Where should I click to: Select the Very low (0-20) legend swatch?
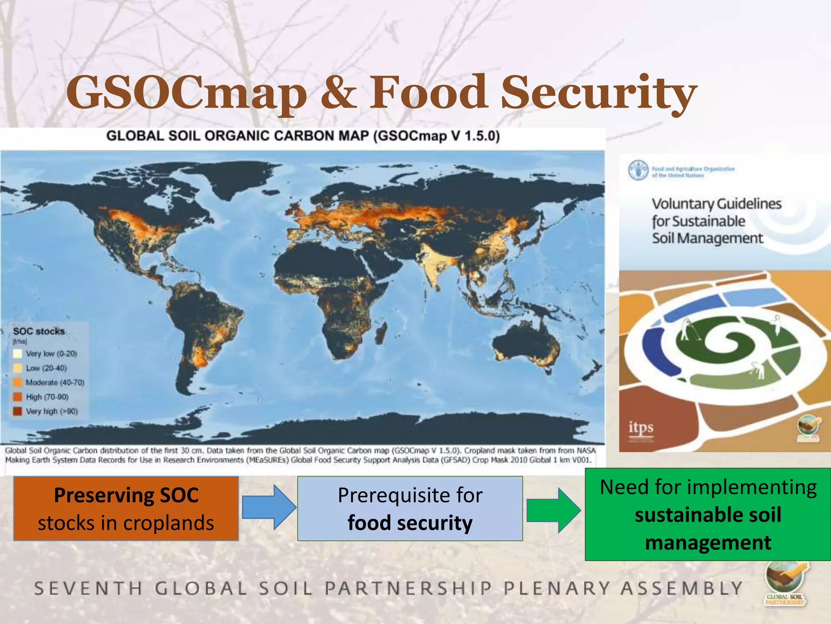click(x=17, y=353)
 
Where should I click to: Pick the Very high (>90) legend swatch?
click(x=17, y=411)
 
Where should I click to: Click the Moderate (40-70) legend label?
click(x=55, y=382)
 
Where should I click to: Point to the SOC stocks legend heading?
click(x=39, y=331)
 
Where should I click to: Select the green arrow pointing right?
click(x=553, y=510)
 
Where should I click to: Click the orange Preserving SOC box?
click(x=126, y=508)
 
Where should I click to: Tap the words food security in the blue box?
click(x=410, y=522)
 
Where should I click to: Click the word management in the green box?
click(x=708, y=543)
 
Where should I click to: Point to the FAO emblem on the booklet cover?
click(x=638, y=170)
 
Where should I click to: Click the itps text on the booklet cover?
click(x=641, y=427)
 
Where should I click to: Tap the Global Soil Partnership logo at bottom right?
click(x=785, y=583)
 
